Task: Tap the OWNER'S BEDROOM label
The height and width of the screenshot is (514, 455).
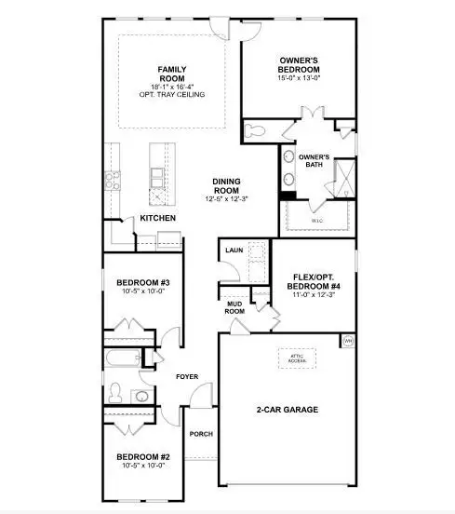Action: point(300,65)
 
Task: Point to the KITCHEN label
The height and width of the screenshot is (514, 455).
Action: point(158,219)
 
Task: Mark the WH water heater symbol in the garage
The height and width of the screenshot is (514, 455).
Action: point(349,342)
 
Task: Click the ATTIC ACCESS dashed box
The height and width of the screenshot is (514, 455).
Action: point(296,358)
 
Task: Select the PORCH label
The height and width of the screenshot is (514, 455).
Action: point(200,434)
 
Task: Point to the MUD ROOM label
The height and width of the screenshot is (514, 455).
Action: point(235,307)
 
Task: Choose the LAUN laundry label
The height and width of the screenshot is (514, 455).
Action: point(234,250)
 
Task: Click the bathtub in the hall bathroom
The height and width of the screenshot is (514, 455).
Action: point(121,358)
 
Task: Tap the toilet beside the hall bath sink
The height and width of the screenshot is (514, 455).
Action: point(114,391)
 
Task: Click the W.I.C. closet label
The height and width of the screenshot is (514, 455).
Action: point(315,220)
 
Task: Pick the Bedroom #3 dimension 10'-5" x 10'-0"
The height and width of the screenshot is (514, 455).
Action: point(141,291)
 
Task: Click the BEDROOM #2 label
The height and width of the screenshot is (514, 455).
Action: point(141,456)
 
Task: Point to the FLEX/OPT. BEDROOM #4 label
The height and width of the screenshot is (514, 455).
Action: point(310,279)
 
